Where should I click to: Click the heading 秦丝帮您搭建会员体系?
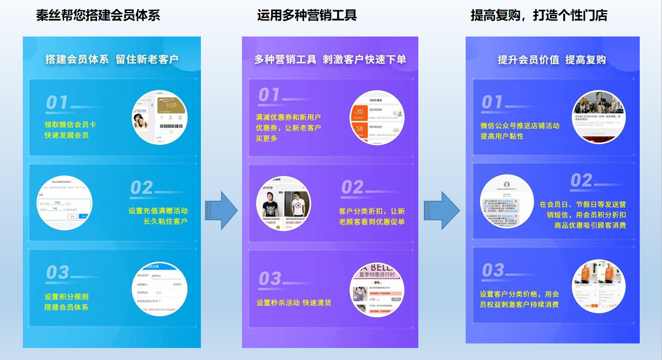click(x=98, y=15)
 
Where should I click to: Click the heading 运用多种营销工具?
click(x=306, y=15)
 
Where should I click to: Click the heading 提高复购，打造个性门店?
click(x=539, y=15)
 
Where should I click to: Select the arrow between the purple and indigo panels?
click(x=442, y=211)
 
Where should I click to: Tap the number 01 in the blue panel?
click(x=57, y=103)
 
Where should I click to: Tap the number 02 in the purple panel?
click(x=353, y=187)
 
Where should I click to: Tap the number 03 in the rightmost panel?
click(x=493, y=270)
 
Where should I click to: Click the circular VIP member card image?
click(x=159, y=117)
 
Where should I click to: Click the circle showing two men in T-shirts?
click(x=284, y=204)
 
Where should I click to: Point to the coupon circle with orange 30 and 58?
click(x=377, y=118)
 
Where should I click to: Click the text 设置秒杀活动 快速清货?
click(x=294, y=303)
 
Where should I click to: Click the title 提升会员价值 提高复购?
click(x=551, y=60)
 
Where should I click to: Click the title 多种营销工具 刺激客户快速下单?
click(x=330, y=59)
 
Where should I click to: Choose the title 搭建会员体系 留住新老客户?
click(x=112, y=59)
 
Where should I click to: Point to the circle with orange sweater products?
click(x=599, y=286)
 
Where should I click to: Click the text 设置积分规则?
click(x=66, y=297)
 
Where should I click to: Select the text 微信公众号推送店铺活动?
click(x=520, y=126)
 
